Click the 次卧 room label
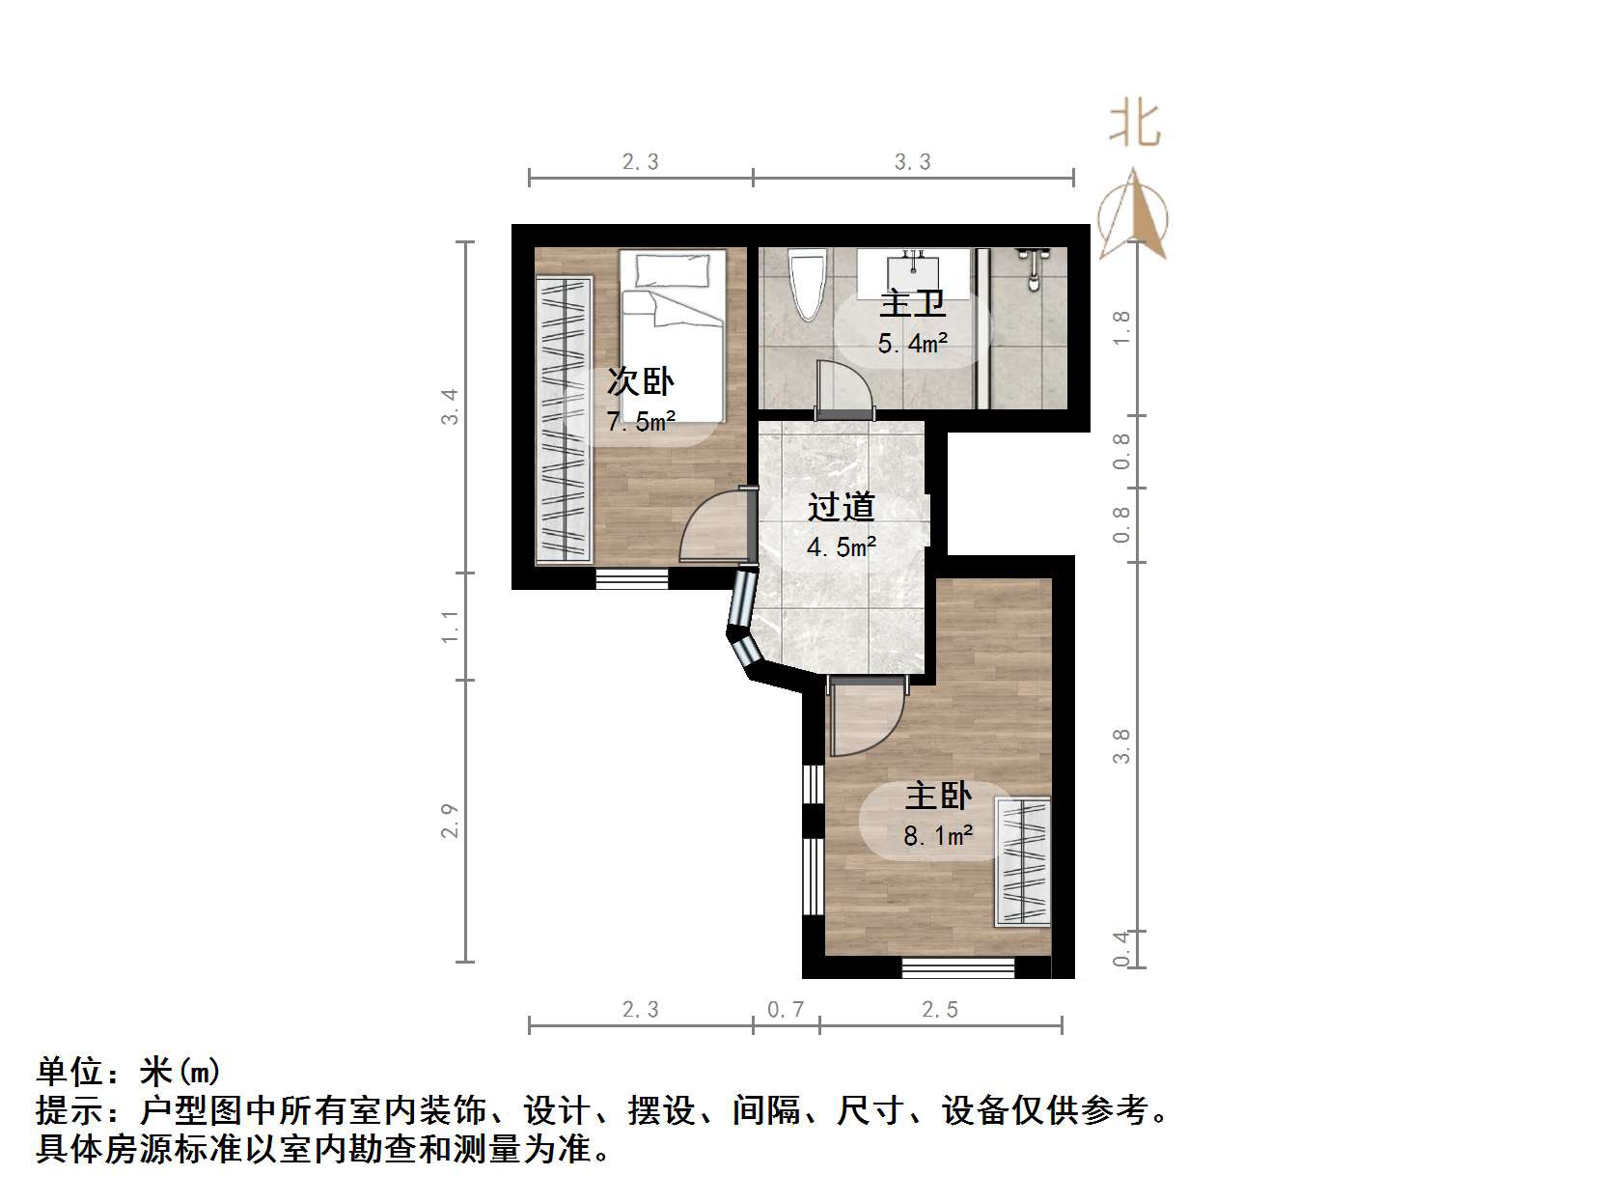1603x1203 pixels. pos(640,381)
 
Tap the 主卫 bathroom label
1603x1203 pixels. pos(912,303)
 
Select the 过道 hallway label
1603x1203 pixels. pos(841,507)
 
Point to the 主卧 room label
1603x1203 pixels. pos(937,796)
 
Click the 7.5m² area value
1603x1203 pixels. pos(641,422)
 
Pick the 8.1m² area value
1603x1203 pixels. pos(937,836)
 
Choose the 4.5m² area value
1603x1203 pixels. pos(841,547)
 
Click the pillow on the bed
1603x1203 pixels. pos(672,268)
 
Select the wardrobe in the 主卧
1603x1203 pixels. pos(1023,861)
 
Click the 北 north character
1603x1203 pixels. pos(1135,126)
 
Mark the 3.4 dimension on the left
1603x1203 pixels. pos(450,406)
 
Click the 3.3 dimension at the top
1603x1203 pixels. pos(912,162)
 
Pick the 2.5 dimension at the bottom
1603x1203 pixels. pos(939,1010)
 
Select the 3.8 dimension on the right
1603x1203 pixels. pos(1121,745)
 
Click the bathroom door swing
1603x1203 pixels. pos(842,388)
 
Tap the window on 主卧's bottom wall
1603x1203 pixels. pos(958,966)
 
